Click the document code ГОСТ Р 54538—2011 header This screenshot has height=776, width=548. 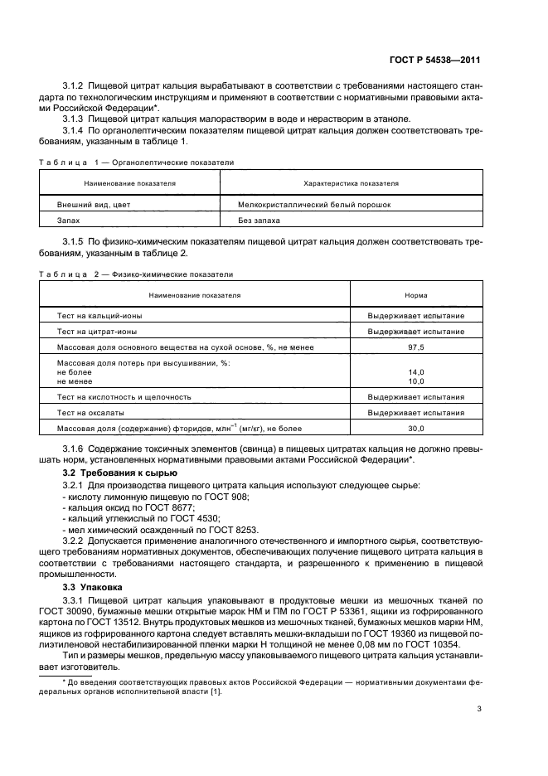[436, 60]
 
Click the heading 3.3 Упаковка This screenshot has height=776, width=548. [94, 586]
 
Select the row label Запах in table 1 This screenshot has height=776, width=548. [69, 221]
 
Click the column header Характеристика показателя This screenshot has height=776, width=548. [351, 182]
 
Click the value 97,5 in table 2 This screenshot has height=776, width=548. [415, 347]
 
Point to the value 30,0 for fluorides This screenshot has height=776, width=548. [415, 428]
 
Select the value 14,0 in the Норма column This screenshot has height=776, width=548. [415, 372]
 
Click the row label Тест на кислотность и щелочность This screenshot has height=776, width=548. [124, 396]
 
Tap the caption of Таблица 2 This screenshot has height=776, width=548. [137, 274]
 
